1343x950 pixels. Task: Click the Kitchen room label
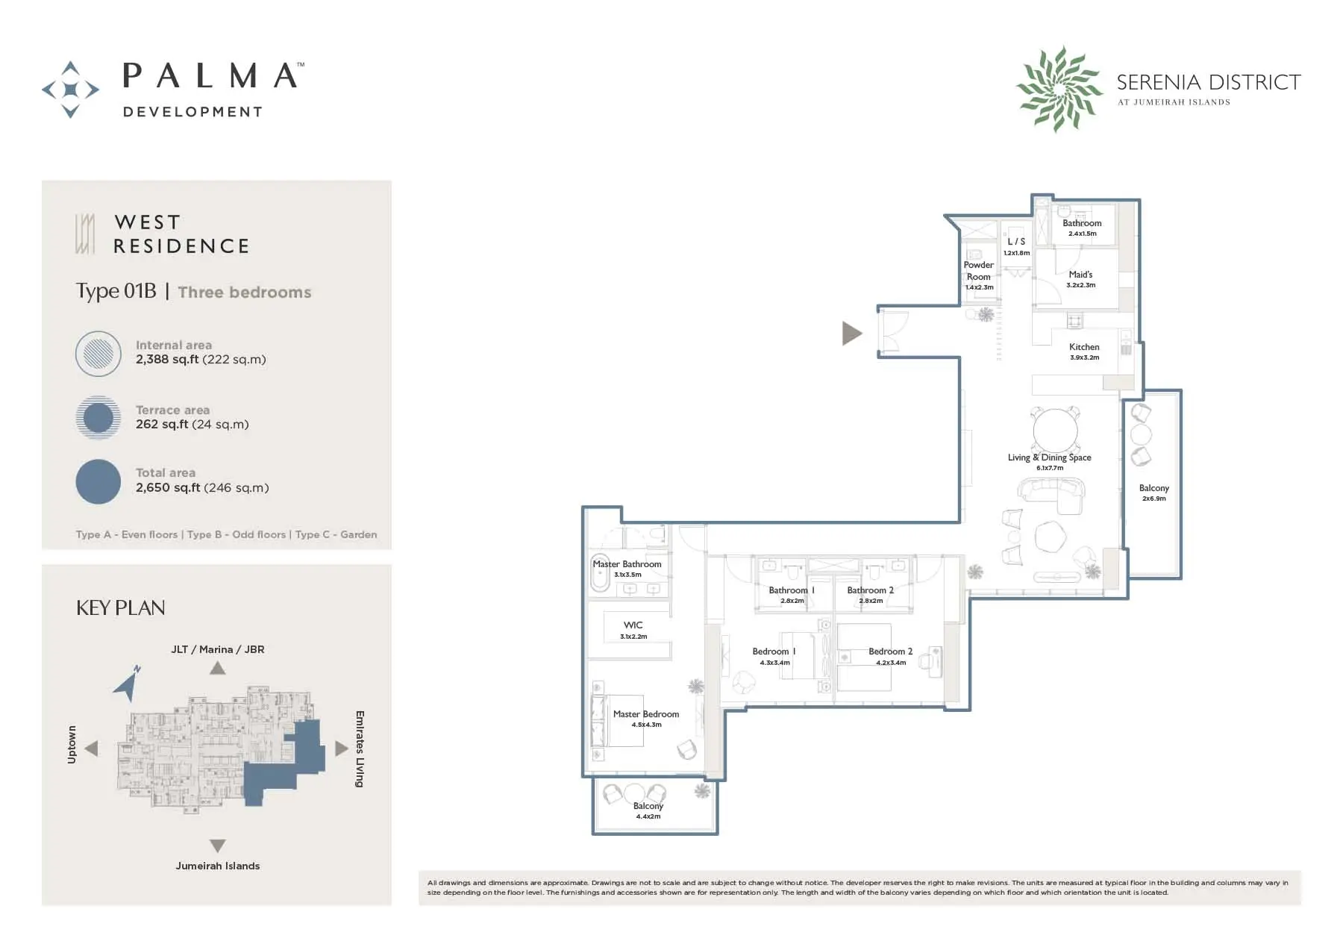(x=1084, y=347)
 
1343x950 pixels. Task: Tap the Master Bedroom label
(x=646, y=714)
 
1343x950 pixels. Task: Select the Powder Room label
(x=979, y=271)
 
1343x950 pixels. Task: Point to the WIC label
(x=633, y=625)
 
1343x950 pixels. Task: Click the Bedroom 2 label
(x=891, y=651)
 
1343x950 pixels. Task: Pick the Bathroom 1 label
(x=792, y=590)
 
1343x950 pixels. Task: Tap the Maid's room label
(x=1080, y=275)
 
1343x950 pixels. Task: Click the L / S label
(x=1016, y=242)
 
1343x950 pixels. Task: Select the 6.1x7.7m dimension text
(x=1050, y=468)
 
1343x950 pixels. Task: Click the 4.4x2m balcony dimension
(x=648, y=816)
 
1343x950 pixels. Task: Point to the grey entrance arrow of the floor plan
(x=852, y=334)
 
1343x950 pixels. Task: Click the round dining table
(x=1055, y=431)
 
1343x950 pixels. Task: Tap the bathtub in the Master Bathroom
(x=600, y=573)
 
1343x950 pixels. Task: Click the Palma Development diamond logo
(x=70, y=90)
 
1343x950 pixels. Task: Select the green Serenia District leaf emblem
(x=1059, y=89)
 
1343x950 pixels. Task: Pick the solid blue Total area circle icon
(x=98, y=481)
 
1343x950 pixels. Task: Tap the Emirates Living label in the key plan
(x=360, y=749)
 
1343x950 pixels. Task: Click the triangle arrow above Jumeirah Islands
(x=218, y=846)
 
